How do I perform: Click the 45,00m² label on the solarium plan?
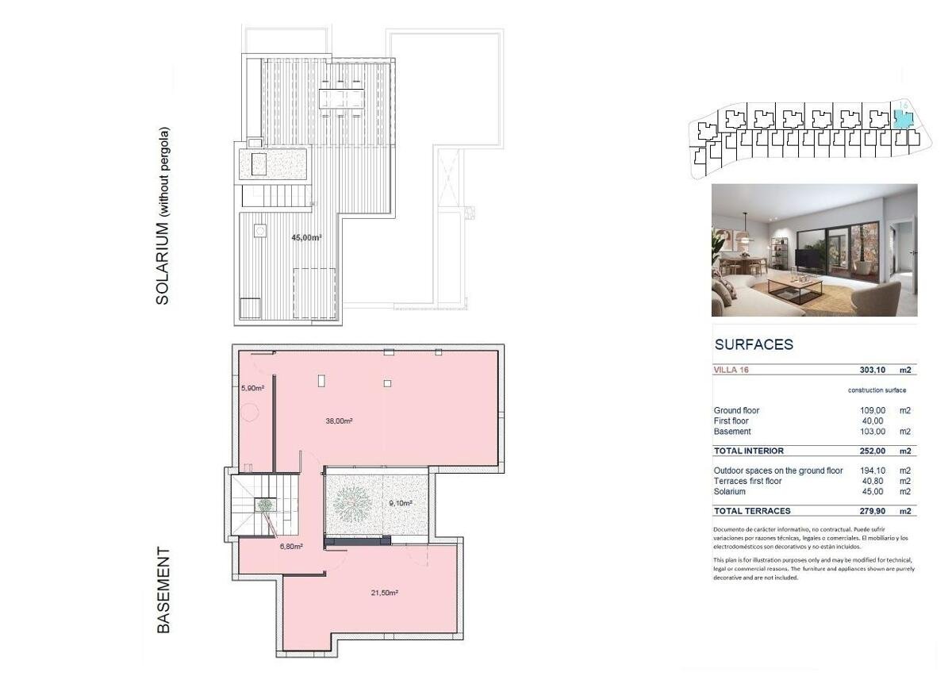point(306,238)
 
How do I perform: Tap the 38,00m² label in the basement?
point(340,421)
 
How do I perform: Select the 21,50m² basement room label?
point(384,593)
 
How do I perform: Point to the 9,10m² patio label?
point(401,503)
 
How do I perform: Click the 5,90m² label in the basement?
point(252,388)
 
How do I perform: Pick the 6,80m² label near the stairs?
point(291,547)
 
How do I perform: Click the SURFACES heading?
point(754,344)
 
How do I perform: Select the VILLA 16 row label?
point(731,370)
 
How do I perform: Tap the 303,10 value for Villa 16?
point(873,370)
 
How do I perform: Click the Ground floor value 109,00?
point(873,411)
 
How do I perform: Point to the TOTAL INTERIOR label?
point(748,451)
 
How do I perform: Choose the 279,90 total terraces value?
point(873,511)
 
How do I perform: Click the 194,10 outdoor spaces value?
point(873,471)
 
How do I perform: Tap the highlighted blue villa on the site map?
point(903,120)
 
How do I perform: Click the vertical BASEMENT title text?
point(163,590)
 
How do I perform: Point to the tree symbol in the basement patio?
point(352,504)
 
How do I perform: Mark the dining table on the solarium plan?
point(341,98)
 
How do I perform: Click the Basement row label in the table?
point(732,432)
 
